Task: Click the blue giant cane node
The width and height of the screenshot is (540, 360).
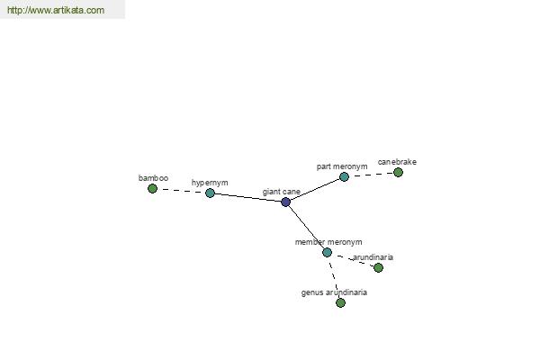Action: coord(285,202)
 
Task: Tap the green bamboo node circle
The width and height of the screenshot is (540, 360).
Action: coord(152,188)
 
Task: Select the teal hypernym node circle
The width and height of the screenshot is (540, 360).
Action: coord(210,193)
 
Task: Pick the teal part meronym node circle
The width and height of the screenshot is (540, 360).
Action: coord(344,176)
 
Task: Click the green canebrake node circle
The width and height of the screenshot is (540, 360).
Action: coord(398,172)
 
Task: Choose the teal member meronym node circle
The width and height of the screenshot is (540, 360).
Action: coord(327,252)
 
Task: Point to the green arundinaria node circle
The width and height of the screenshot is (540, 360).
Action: coord(378,267)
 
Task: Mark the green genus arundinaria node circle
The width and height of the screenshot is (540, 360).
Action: coord(340,302)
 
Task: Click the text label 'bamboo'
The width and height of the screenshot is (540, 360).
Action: coord(153,178)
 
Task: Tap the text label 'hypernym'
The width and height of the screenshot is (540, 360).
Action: coord(210,183)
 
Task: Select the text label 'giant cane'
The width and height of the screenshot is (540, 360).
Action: coord(282,192)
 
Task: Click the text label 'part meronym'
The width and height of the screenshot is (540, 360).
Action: coord(342,166)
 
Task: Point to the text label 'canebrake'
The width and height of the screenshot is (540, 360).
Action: coord(397,162)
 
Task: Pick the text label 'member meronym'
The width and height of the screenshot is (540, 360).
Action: coord(328,242)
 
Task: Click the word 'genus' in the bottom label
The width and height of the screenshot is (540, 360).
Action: coord(311,292)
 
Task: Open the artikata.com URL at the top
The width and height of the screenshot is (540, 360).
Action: coord(56,10)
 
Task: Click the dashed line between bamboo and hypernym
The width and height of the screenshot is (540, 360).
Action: coord(181,191)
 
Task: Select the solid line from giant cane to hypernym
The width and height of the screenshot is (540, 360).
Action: coord(247,197)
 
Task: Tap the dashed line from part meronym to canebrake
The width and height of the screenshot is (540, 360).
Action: coord(371,175)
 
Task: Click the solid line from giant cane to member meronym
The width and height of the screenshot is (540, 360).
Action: coord(306,227)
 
